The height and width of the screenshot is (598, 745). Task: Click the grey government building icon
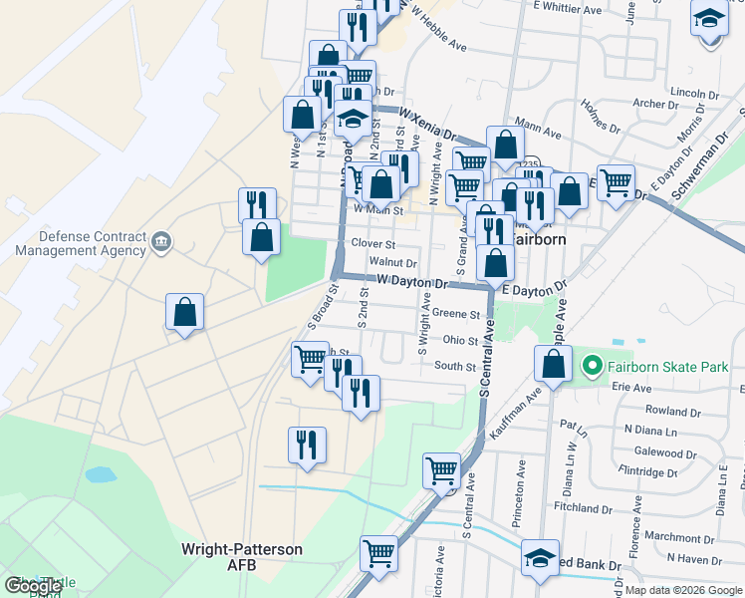pyautogui.click(x=160, y=241)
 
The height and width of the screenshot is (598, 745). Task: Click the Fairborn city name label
pyautogui.click(x=539, y=240)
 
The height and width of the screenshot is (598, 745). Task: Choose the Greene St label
pyautogui.click(x=457, y=313)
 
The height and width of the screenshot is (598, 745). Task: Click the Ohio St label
pyautogui.click(x=460, y=340)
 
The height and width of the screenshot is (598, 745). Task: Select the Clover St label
pyautogui.click(x=372, y=243)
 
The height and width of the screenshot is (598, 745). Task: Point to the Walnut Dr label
pyautogui.click(x=391, y=262)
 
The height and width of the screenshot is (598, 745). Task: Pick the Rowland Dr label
pyautogui.click(x=667, y=410)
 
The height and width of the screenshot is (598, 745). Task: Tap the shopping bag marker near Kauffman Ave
pyautogui.click(x=554, y=364)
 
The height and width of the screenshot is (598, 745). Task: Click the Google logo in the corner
pyautogui.click(x=34, y=587)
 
